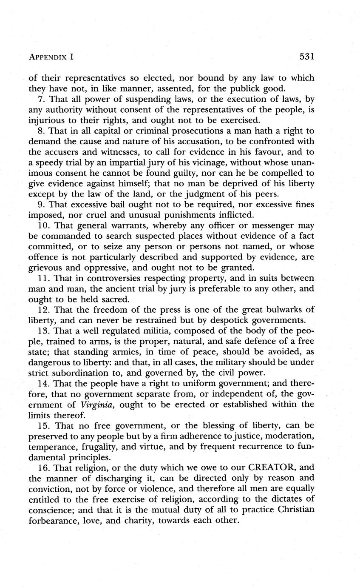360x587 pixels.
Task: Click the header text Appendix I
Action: [x=52, y=57]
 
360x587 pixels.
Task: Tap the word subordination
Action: [x=82, y=373]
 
